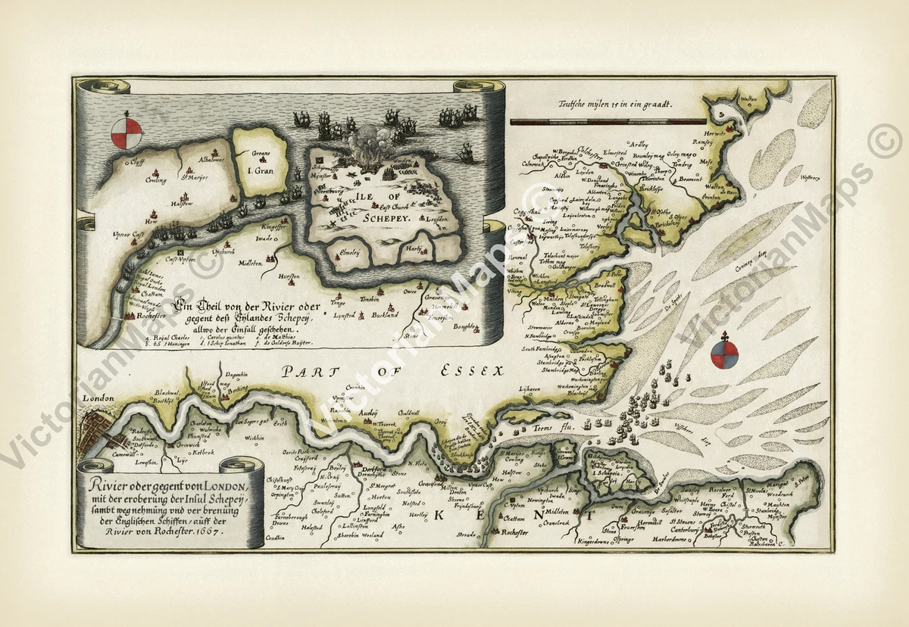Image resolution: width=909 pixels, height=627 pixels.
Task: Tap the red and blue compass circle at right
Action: click(x=724, y=354)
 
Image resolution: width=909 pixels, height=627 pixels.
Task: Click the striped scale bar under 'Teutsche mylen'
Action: click(x=608, y=121)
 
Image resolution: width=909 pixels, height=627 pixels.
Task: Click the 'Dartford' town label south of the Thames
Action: click(x=369, y=469)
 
